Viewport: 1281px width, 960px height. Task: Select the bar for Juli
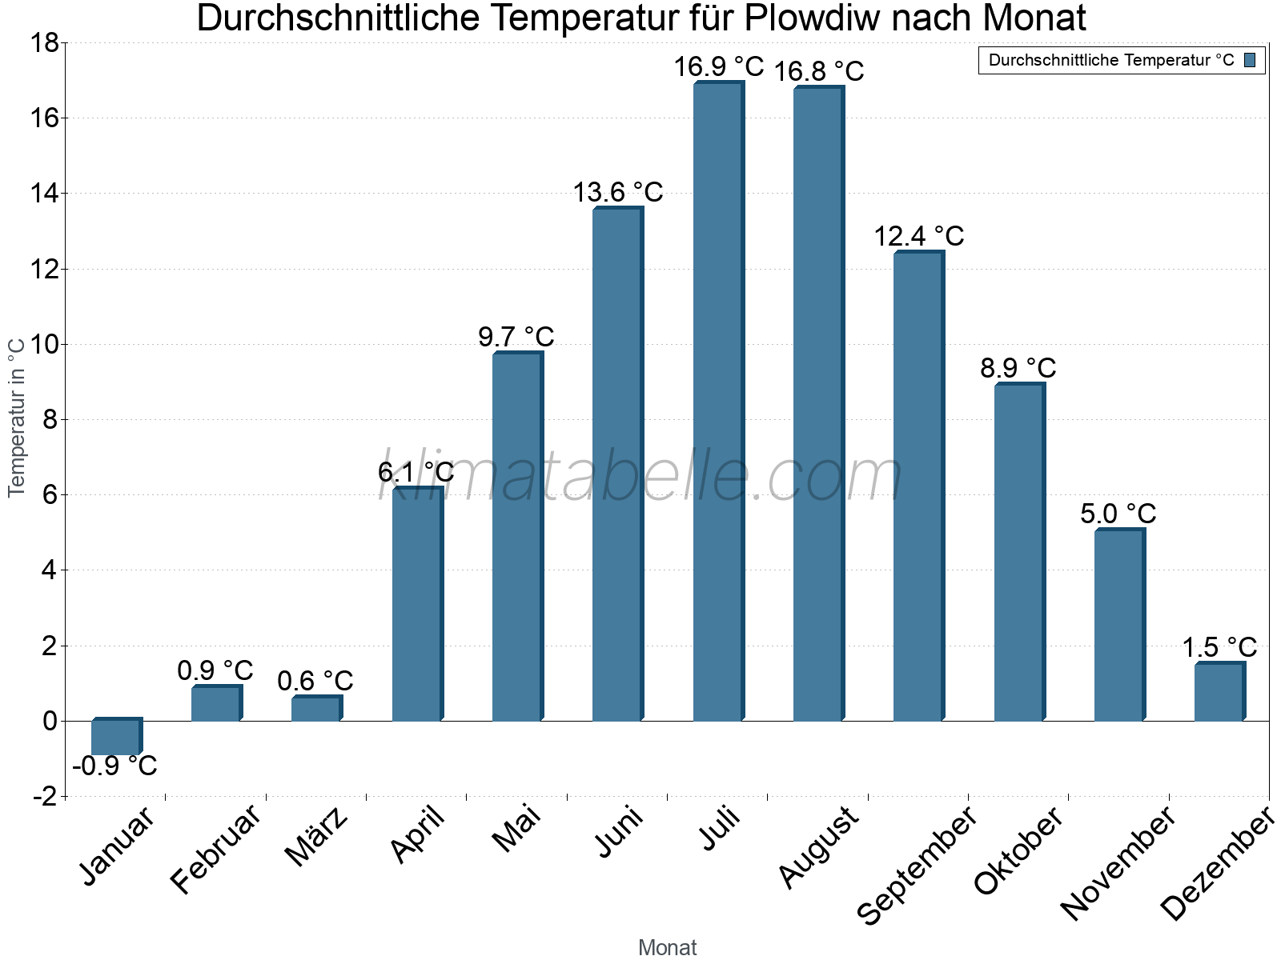[718, 400]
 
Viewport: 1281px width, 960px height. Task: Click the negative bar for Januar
[116, 737]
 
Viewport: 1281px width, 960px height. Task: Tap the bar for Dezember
[1219, 692]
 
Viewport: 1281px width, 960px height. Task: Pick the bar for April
[416, 604]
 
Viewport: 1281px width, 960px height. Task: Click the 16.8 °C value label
[818, 71]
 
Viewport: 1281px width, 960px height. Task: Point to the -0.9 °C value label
[114, 766]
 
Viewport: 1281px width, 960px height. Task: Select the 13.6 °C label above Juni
[617, 192]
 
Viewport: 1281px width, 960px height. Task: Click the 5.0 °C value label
[1118, 514]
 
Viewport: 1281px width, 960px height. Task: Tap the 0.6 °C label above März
[315, 681]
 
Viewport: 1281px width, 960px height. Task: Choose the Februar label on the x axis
[215, 849]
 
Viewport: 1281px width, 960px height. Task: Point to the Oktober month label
[1018, 850]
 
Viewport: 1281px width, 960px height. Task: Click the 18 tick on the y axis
[45, 43]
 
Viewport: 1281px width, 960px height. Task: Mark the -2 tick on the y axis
[45, 796]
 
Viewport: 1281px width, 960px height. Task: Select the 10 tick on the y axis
[45, 345]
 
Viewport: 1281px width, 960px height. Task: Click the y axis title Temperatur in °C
[17, 417]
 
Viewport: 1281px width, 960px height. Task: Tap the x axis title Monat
[667, 947]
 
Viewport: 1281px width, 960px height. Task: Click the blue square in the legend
[1250, 60]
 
